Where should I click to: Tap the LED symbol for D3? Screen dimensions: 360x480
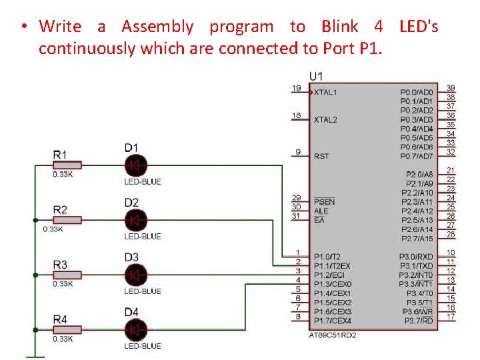(x=136, y=274)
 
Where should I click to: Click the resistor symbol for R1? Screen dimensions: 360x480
(x=67, y=165)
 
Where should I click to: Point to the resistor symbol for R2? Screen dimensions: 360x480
(x=67, y=219)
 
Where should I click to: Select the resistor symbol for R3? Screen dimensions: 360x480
(x=67, y=274)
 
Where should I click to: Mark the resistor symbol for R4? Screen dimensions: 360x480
(x=67, y=329)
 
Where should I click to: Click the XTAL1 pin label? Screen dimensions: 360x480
(x=325, y=92)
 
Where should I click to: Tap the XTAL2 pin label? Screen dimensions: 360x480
(x=325, y=119)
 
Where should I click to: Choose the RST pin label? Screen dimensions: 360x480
(x=321, y=156)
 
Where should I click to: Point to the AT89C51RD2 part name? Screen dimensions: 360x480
(x=333, y=335)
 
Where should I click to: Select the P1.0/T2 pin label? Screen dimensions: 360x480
(x=327, y=257)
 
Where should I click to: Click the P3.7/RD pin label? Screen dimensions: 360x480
(x=418, y=321)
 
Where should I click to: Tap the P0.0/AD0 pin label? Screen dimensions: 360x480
(x=417, y=92)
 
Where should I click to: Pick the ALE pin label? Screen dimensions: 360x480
(x=321, y=211)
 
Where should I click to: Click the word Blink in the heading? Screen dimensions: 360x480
(x=339, y=27)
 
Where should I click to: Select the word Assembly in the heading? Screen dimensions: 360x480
(x=157, y=27)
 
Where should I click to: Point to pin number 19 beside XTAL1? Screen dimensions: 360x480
(x=296, y=88)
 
